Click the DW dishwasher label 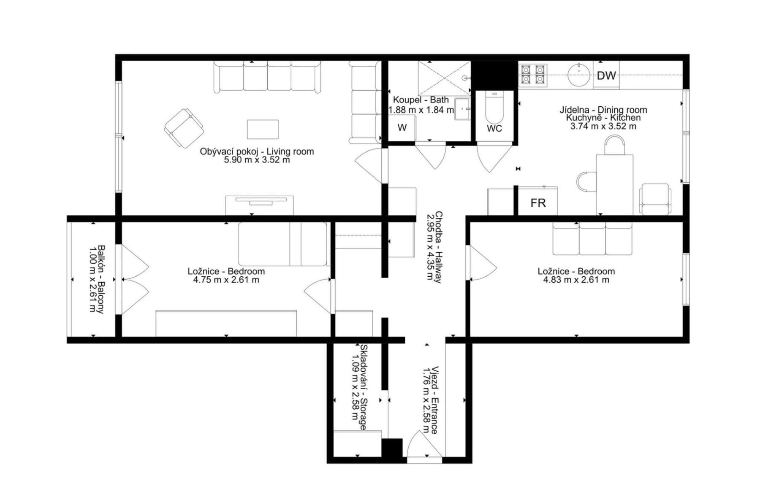click(606, 76)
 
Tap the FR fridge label click(538, 203)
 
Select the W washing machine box click(402, 127)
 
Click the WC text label click(494, 128)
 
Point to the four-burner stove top click(533, 74)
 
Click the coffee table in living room click(263, 129)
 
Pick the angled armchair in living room click(184, 128)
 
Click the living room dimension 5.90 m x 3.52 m click(257, 160)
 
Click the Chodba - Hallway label click(438, 247)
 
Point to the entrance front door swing click(423, 445)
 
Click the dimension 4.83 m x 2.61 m click(576, 280)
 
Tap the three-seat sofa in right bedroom click(592, 239)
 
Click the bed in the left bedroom click(282, 244)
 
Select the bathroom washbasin click(462, 109)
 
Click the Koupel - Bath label click(421, 100)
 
